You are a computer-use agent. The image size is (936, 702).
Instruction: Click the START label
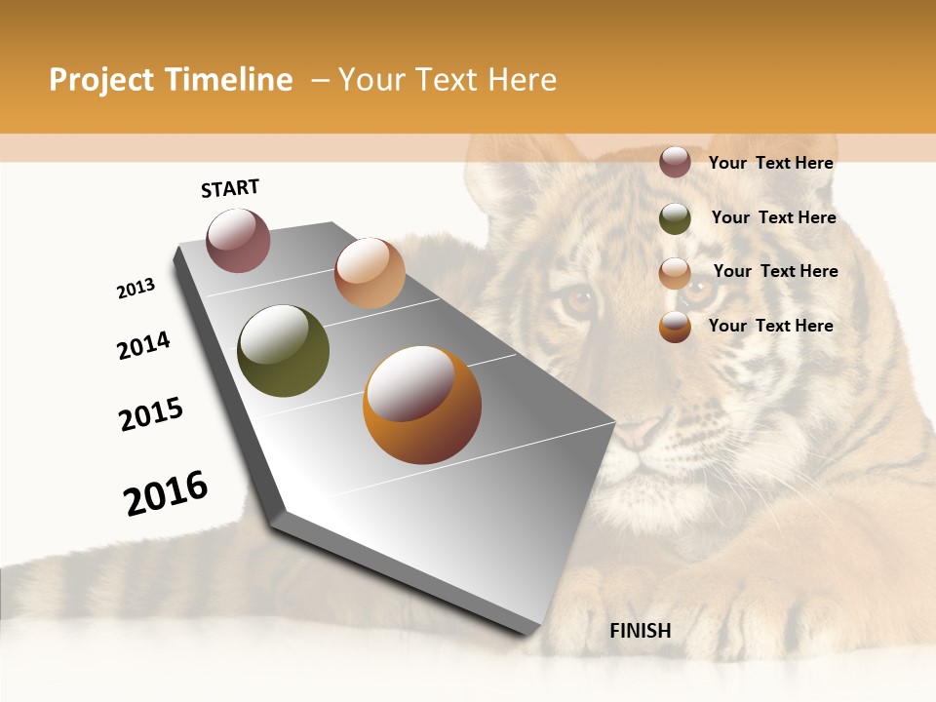pyautogui.click(x=230, y=188)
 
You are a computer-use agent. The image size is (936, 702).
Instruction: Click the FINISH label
pyautogui.click(x=641, y=631)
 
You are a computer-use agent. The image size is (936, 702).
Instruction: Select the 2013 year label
pyautogui.click(x=136, y=289)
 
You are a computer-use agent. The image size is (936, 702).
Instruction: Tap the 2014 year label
pyautogui.click(x=143, y=345)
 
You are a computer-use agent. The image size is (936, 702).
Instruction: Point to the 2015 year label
pyautogui.click(x=151, y=414)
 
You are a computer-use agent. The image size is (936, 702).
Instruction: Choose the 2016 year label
pyautogui.click(x=166, y=492)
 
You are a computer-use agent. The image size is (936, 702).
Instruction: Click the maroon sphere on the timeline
pyautogui.click(x=238, y=240)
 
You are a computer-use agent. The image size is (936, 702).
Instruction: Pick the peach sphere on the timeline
pyautogui.click(x=370, y=272)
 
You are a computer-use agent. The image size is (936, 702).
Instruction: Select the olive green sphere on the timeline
pyautogui.click(x=283, y=351)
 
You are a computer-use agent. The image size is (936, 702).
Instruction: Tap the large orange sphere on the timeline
pyautogui.click(x=422, y=405)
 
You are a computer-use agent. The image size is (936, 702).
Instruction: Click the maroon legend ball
pyautogui.click(x=675, y=162)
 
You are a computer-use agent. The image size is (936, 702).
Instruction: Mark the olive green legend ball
pyautogui.click(x=675, y=218)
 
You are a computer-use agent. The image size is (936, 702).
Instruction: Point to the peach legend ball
pyautogui.click(x=675, y=273)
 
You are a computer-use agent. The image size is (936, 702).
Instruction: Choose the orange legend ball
pyautogui.click(x=675, y=327)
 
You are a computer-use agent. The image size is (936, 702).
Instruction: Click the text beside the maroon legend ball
pyautogui.click(x=770, y=163)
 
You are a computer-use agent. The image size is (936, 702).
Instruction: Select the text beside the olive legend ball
pyautogui.click(x=773, y=217)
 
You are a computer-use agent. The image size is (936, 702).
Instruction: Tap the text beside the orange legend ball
pyautogui.click(x=770, y=326)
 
